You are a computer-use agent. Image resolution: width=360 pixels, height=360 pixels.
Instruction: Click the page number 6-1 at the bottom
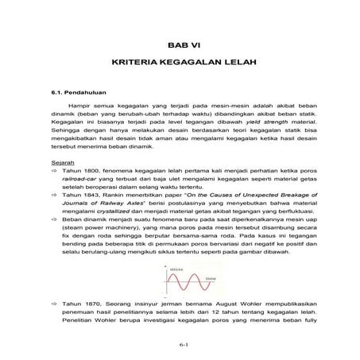click(180, 343)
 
